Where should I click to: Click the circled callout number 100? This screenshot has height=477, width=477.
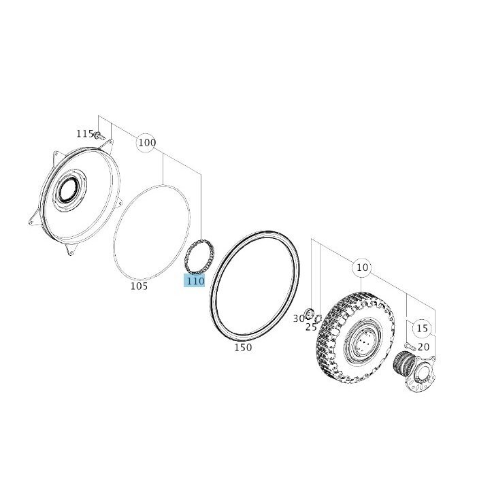click(x=147, y=142)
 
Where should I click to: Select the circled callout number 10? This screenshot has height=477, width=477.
click(x=362, y=267)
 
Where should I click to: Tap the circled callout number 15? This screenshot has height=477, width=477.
click(x=422, y=328)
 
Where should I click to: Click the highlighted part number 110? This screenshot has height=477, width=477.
click(x=195, y=280)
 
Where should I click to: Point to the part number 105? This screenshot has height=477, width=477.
click(x=139, y=286)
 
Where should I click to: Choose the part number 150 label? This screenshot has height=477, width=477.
click(x=243, y=347)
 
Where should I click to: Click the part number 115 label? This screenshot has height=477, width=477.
click(x=84, y=133)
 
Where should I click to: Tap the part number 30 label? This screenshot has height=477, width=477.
click(x=299, y=318)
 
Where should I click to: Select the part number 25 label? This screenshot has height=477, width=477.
click(x=311, y=327)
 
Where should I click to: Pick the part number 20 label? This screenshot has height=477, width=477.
click(x=423, y=347)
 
